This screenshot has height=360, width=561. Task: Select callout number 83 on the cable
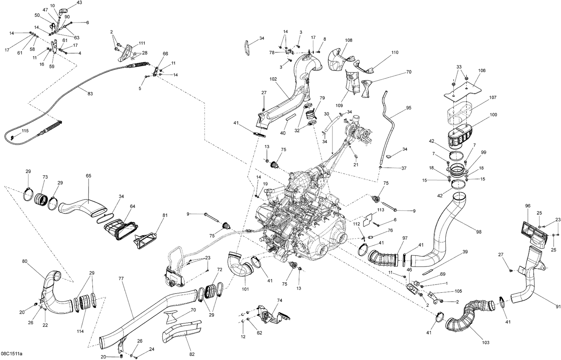point(90,93)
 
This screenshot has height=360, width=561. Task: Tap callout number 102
point(273,79)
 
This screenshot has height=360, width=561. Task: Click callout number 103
point(485,342)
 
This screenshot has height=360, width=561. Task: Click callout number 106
point(482,70)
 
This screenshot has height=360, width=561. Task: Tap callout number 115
point(25,131)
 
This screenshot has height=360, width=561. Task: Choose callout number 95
point(408,108)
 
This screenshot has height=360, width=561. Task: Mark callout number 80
point(24,261)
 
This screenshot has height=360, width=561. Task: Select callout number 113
point(381,210)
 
